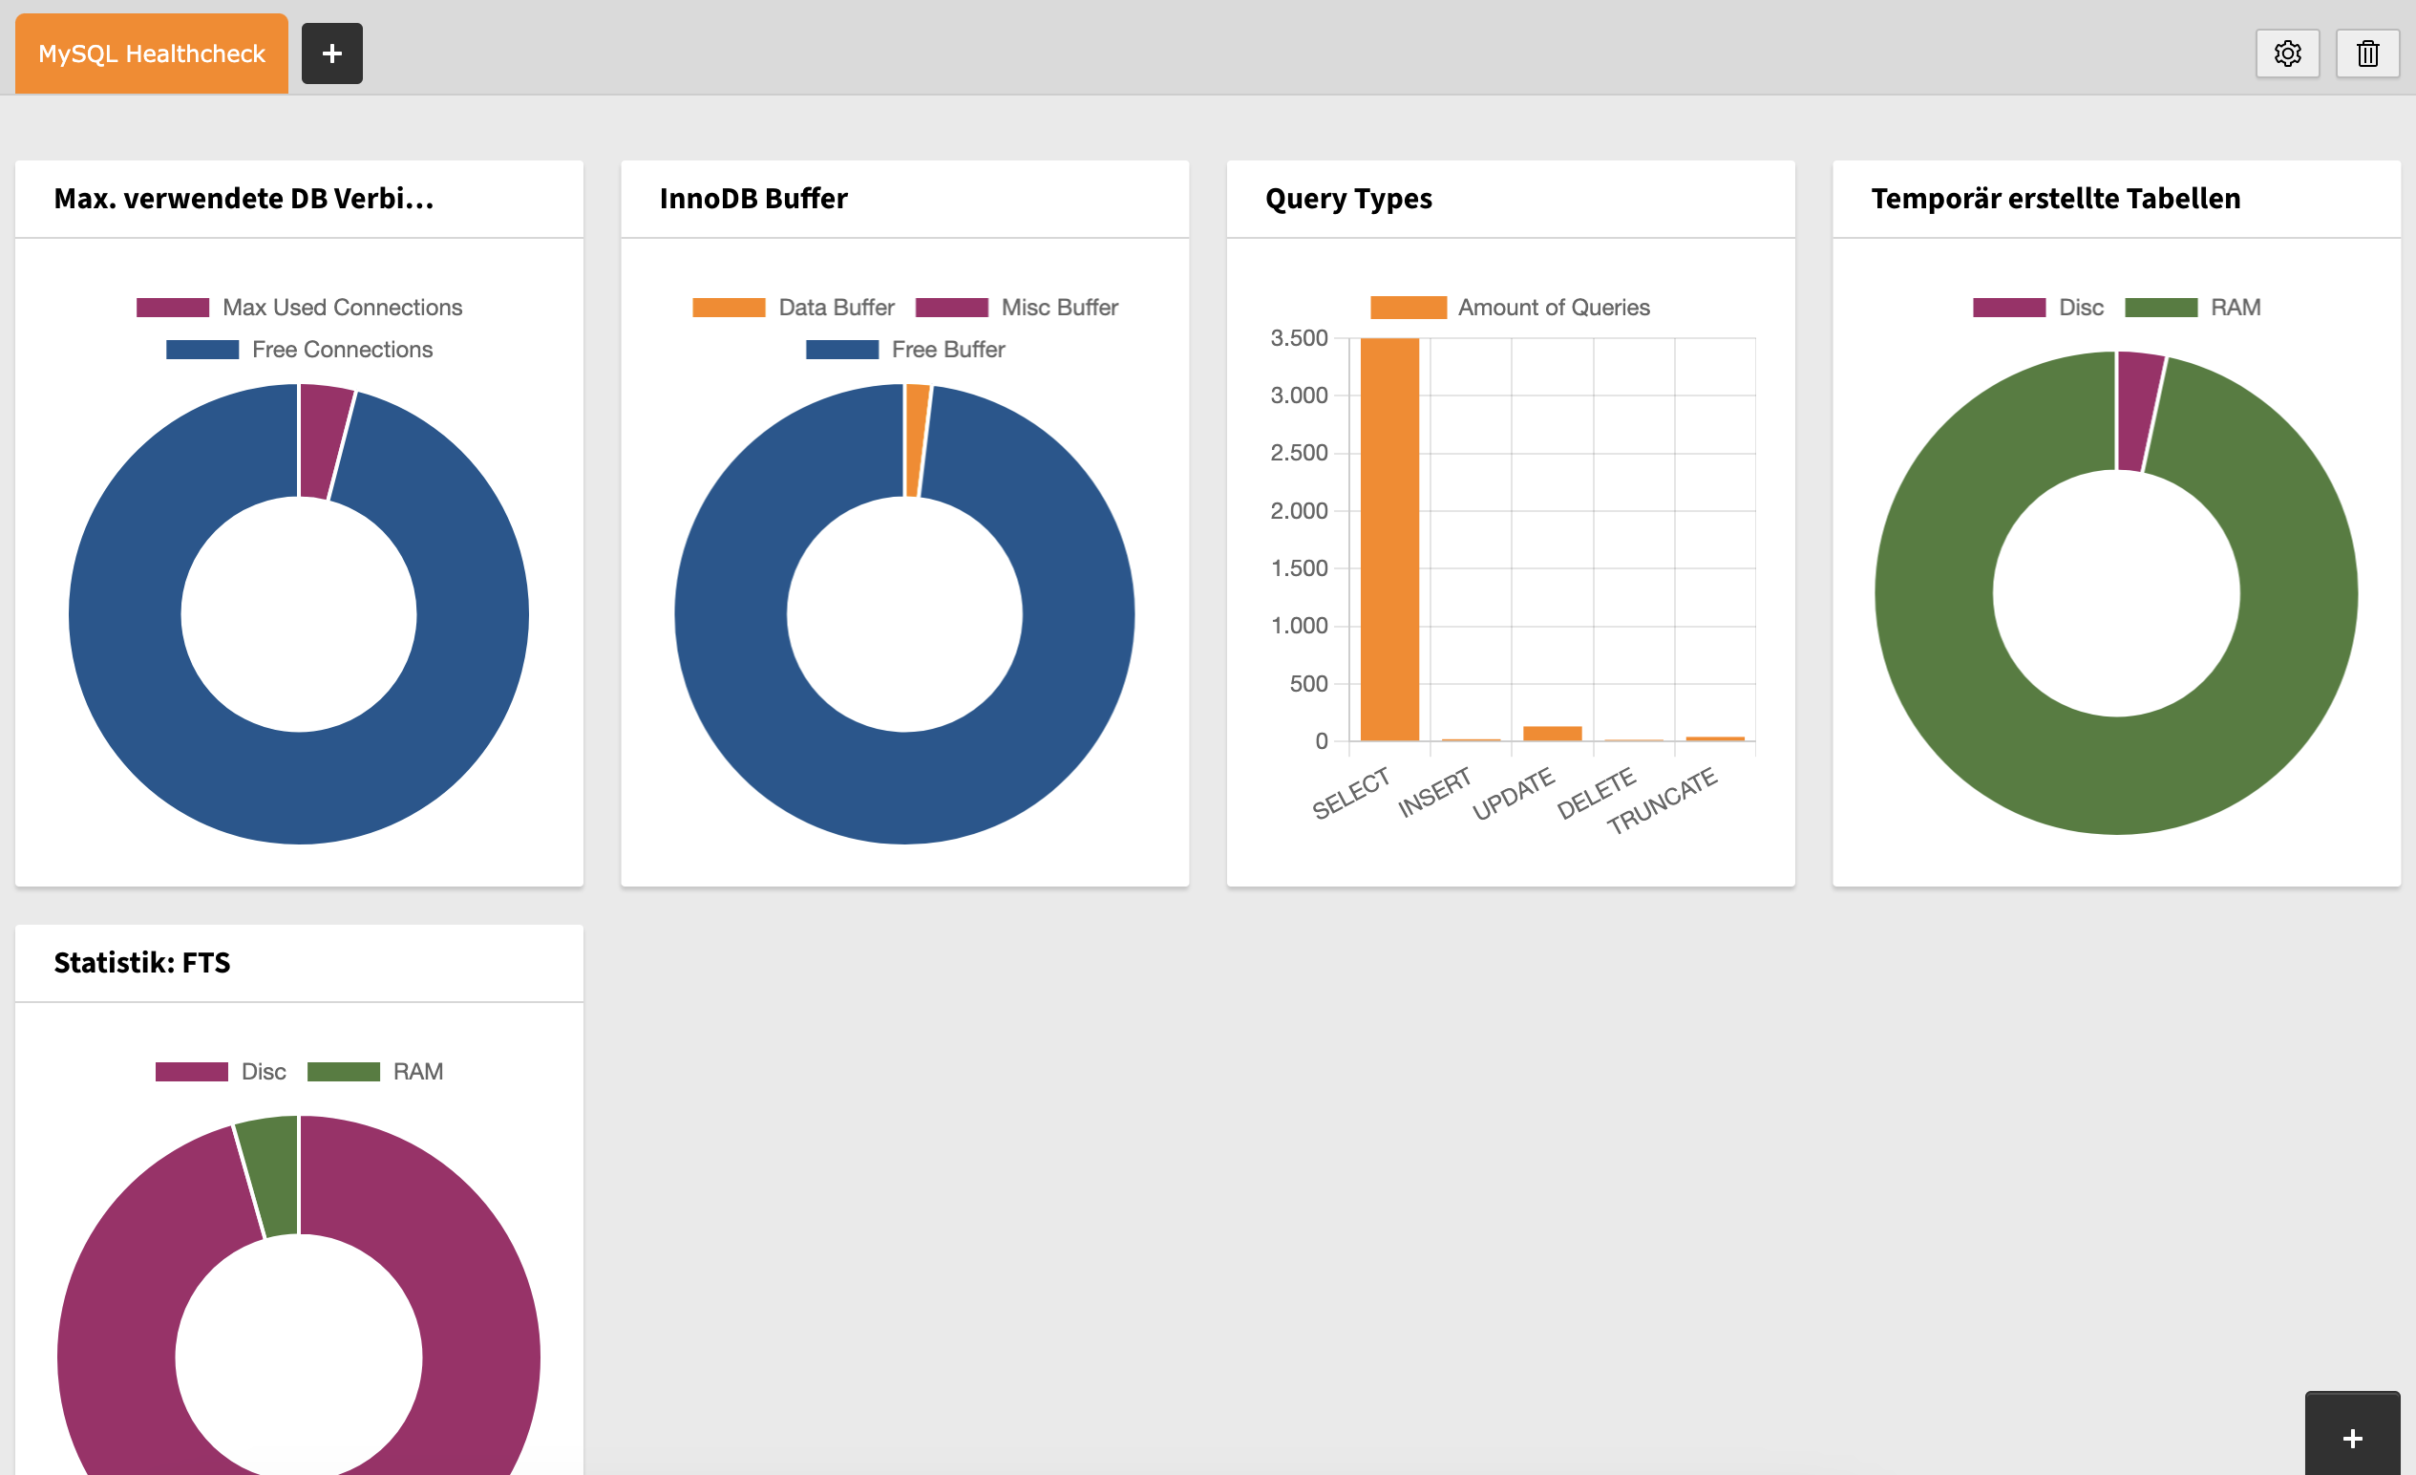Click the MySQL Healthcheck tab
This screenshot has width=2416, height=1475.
click(x=151, y=53)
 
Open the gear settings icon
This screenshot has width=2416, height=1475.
click(x=2286, y=53)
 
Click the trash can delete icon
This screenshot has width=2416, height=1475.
click(x=2367, y=53)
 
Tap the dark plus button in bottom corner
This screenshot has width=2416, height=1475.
click(x=2351, y=1438)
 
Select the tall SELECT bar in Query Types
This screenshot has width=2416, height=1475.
click(x=1389, y=540)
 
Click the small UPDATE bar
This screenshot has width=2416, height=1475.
click(x=1552, y=733)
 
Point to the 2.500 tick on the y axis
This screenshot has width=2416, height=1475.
click(x=1299, y=453)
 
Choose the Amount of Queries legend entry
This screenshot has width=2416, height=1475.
click(x=1510, y=307)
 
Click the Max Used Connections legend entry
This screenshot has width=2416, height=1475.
click(x=300, y=307)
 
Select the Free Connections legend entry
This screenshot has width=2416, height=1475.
click(x=300, y=349)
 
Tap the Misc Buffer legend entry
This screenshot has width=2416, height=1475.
click(x=1017, y=307)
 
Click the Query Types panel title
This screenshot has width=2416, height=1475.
click(x=1348, y=199)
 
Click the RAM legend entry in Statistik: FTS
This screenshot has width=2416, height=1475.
click(x=375, y=1071)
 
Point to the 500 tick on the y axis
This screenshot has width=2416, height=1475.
click(x=1308, y=684)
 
